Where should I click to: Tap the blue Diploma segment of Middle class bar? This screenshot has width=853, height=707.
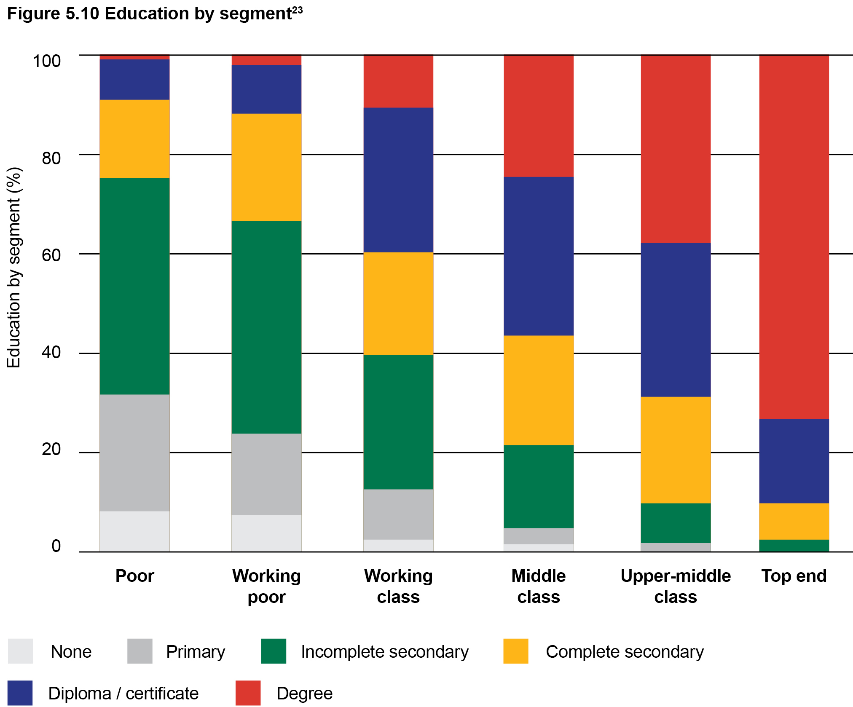539,256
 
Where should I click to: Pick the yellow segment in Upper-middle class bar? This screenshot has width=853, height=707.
676,450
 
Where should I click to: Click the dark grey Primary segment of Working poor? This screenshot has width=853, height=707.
266,474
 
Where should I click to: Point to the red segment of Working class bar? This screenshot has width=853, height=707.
398,81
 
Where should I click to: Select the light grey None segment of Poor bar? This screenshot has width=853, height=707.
134,531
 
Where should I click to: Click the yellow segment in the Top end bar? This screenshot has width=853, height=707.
794,521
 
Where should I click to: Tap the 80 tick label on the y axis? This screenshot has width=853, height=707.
51,158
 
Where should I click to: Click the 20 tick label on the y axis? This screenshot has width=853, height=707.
51,449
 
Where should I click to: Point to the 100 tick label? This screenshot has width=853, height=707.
47,61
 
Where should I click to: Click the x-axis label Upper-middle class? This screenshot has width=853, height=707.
676,586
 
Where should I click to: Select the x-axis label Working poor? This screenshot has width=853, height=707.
266,586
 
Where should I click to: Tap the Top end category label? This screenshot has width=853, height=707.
794,576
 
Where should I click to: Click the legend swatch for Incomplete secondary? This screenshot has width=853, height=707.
274,651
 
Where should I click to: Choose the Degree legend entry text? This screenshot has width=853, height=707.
304,693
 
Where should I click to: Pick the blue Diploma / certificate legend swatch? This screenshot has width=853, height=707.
20,693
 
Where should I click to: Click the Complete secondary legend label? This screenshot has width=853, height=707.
625,652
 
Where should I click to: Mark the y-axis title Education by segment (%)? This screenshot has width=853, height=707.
13,268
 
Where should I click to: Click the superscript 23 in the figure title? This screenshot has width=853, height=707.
297,10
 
